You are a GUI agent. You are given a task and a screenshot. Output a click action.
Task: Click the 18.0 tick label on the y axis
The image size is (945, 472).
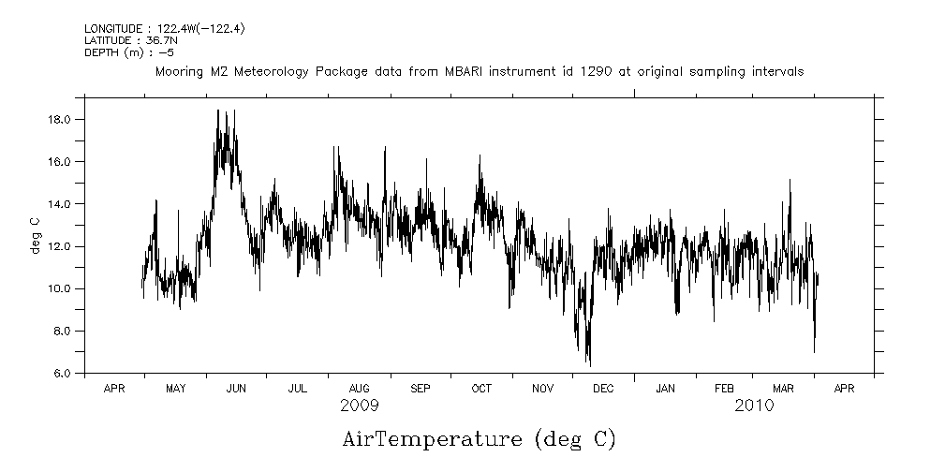[x=61, y=119]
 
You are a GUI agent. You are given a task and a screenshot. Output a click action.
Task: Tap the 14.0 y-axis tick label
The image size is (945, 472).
[x=61, y=203]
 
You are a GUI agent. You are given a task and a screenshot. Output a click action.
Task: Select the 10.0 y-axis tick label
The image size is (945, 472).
[x=61, y=288]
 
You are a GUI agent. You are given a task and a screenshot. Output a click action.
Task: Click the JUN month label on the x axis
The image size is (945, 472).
[x=235, y=388]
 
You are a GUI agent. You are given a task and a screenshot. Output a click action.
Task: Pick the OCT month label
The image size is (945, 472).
[x=481, y=388]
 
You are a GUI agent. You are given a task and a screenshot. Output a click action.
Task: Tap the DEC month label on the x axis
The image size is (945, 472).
[x=603, y=388]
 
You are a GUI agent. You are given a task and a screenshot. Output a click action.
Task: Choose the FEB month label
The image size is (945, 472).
[x=724, y=388]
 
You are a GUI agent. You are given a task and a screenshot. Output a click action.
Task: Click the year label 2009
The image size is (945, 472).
[x=360, y=406]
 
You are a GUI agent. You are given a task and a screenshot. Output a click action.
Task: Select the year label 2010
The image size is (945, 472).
[x=754, y=406]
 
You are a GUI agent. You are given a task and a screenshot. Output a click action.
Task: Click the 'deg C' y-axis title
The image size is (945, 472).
[x=35, y=235]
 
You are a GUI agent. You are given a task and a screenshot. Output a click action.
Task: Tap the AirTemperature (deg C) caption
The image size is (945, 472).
[x=479, y=439]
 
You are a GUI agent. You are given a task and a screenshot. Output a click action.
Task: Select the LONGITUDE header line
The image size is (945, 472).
[x=144, y=30]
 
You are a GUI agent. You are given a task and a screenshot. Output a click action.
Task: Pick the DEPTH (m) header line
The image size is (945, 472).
[x=129, y=52]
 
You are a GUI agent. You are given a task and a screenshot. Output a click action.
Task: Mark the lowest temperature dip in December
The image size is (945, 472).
[x=589, y=364]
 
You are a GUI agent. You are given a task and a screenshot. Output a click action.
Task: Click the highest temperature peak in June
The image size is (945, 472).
[x=218, y=111]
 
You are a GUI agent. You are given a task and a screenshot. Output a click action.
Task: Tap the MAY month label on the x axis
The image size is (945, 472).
[x=174, y=388]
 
